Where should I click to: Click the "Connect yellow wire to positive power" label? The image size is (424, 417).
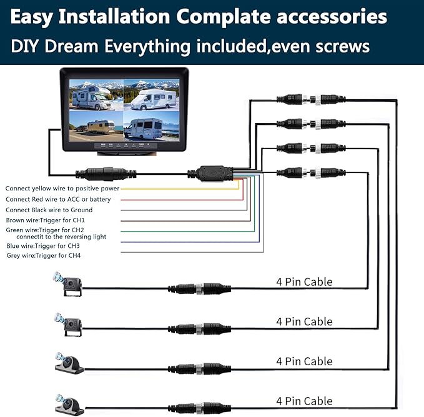(x=62, y=188)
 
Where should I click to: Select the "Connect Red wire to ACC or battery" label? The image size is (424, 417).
(x=59, y=199)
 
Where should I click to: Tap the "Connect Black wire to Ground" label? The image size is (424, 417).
(x=49, y=210)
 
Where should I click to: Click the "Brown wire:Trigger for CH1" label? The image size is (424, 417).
(x=44, y=221)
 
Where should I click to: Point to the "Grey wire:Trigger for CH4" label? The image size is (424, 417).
(x=42, y=256)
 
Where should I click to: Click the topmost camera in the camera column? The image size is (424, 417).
(x=67, y=285)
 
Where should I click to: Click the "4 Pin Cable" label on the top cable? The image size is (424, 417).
(x=304, y=282)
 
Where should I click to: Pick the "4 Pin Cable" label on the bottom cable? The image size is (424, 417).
(x=304, y=401)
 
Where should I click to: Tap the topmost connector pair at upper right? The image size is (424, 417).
(x=310, y=99)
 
